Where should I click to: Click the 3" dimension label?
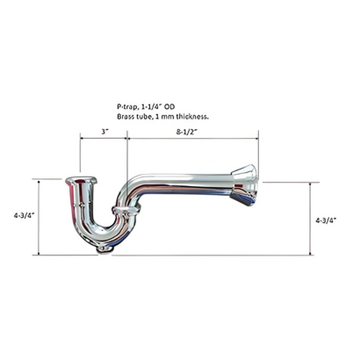coord(104,132)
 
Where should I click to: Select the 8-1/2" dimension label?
coord(185,132)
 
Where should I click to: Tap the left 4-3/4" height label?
coord(25,215)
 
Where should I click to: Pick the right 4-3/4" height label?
coord(326,220)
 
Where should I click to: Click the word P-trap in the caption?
coord(126,107)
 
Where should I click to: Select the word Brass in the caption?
coord(126,117)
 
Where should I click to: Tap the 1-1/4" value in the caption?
coord(148,106)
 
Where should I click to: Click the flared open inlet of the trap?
coord(81,179)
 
